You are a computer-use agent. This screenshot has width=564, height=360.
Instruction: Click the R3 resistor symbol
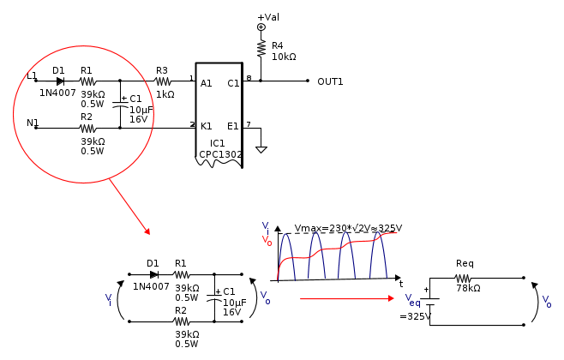[x=163, y=81]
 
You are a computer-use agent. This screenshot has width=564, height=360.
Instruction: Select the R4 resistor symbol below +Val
[x=261, y=49]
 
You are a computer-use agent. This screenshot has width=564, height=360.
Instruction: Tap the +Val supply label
[x=268, y=17]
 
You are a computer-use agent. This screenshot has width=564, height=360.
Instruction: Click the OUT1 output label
[x=330, y=82]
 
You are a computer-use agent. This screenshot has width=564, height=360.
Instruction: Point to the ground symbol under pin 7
[x=261, y=150]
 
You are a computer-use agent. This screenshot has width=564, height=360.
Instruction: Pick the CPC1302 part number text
[x=220, y=154]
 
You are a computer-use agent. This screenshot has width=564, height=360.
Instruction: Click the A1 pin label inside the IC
[x=206, y=84]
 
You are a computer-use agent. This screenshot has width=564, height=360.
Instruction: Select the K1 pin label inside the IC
[x=206, y=126]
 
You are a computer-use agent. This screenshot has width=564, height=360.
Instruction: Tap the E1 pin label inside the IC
[x=233, y=126]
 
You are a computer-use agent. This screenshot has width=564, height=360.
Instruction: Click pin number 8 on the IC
[x=249, y=78]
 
